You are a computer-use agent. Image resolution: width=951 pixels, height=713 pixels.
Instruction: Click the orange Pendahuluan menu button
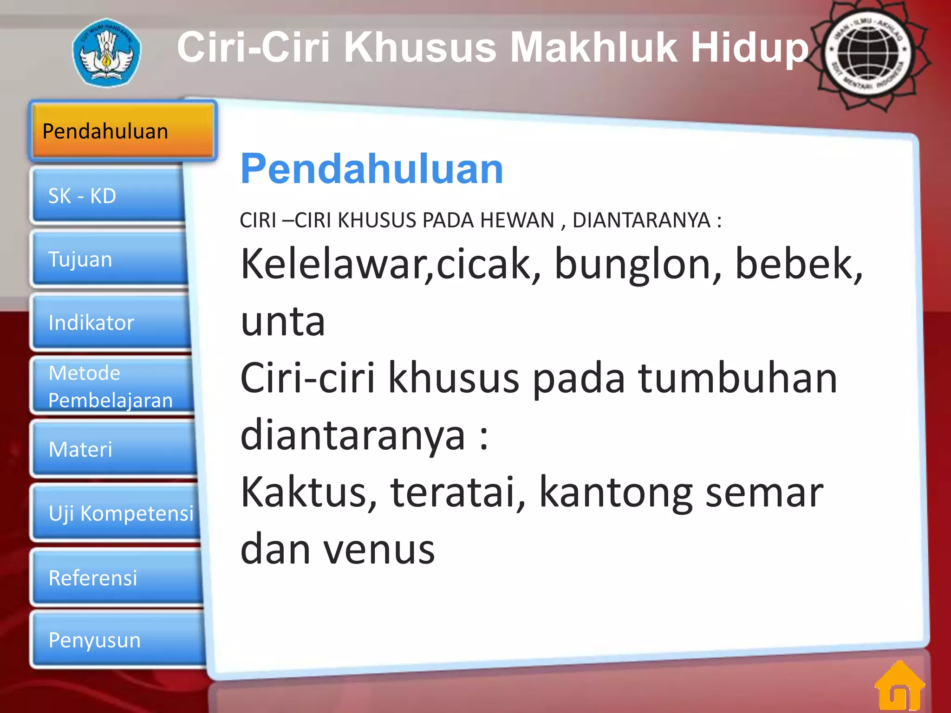[123, 131]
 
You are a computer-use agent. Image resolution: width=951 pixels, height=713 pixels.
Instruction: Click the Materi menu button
[114, 449]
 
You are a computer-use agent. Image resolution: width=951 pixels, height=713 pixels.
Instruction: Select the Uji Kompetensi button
[116, 513]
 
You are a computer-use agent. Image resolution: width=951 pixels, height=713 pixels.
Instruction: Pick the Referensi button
[117, 578]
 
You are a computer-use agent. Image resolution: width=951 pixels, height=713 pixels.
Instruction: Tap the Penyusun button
[118, 640]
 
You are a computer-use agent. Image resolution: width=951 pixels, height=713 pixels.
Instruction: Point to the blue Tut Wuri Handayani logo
[107, 52]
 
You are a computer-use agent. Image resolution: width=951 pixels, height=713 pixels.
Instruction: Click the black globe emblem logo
[867, 53]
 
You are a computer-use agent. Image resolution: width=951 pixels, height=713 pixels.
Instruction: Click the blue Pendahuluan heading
[371, 169]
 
